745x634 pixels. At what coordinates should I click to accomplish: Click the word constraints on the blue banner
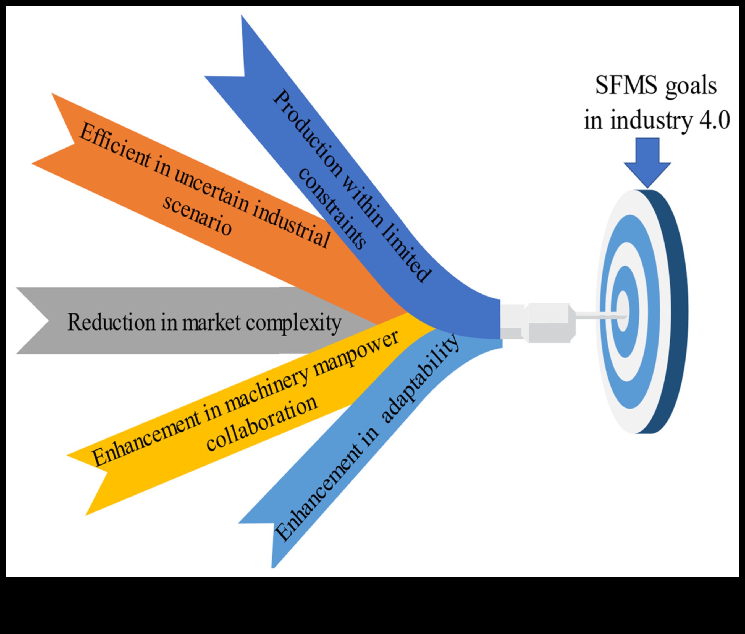pyautogui.click(x=332, y=209)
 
